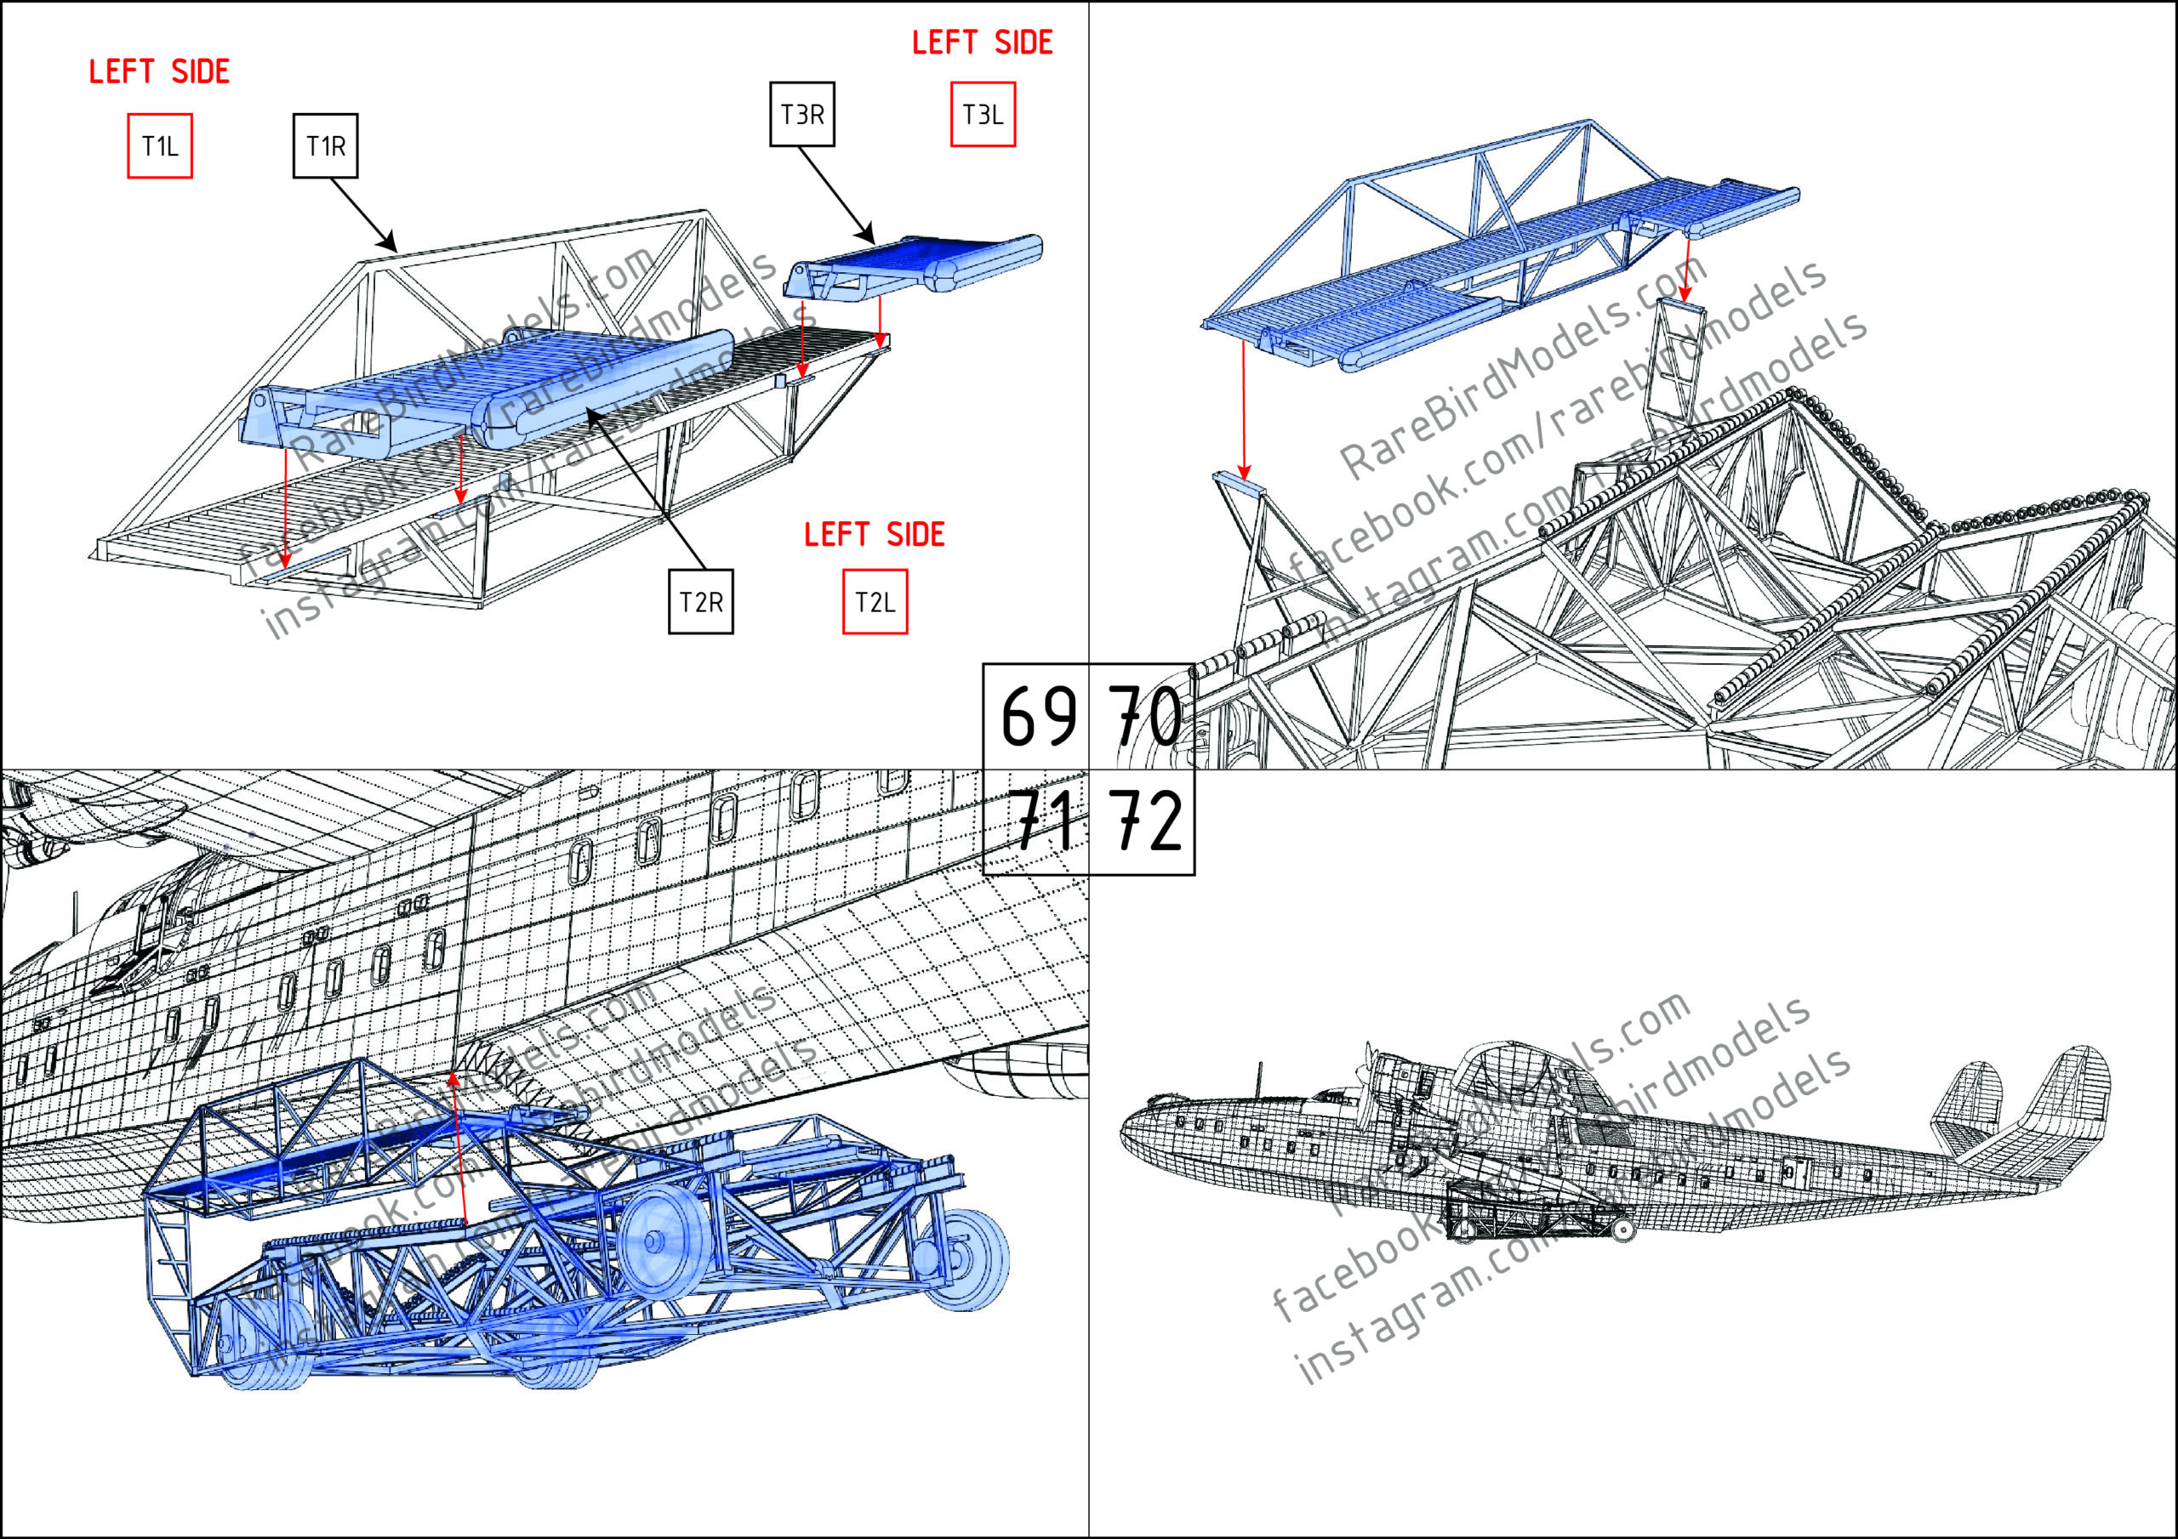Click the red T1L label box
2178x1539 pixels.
click(159, 146)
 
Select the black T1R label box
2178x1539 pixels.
click(325, 146)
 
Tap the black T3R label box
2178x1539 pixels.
click(801, 115)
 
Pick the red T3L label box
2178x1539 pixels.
click(983, 115)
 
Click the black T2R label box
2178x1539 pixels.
click(700, 602)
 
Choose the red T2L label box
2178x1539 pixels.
click(875, 602)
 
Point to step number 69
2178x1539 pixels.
click(1038, 718)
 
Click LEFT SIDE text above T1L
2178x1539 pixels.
click(159, 72)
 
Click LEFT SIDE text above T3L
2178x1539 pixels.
click(982, 43)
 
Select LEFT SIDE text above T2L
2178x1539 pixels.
click(874, 535)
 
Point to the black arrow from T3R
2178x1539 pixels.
click(835, 195)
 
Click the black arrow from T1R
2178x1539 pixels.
click(362, 214)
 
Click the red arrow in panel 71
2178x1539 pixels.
click(459, 1147)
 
